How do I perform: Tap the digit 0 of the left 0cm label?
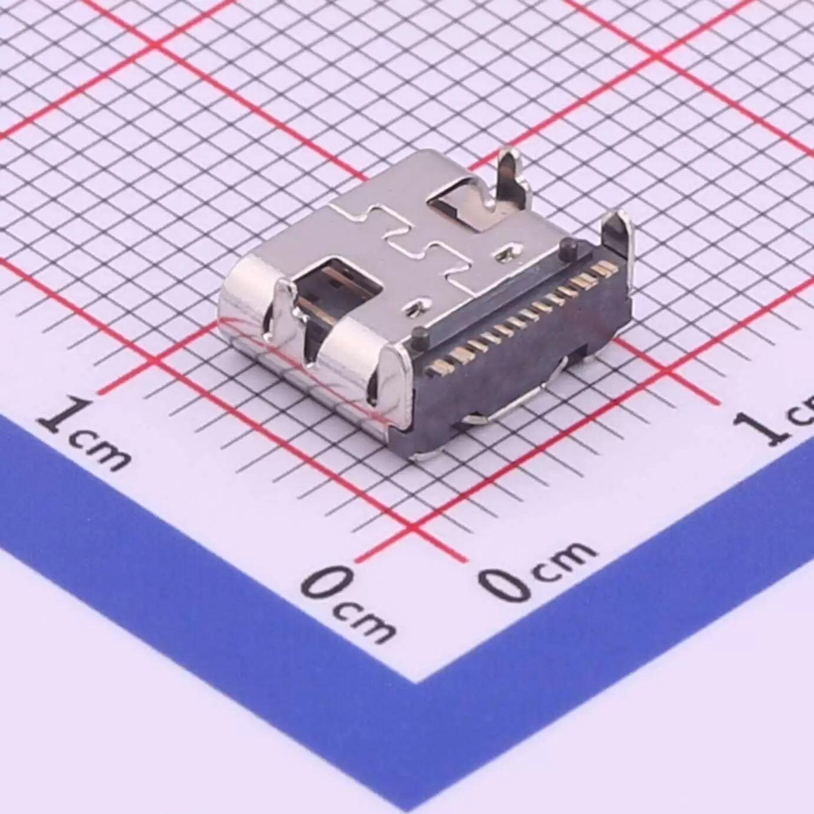323,583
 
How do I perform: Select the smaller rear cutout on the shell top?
459,206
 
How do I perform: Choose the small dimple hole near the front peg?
418,306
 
